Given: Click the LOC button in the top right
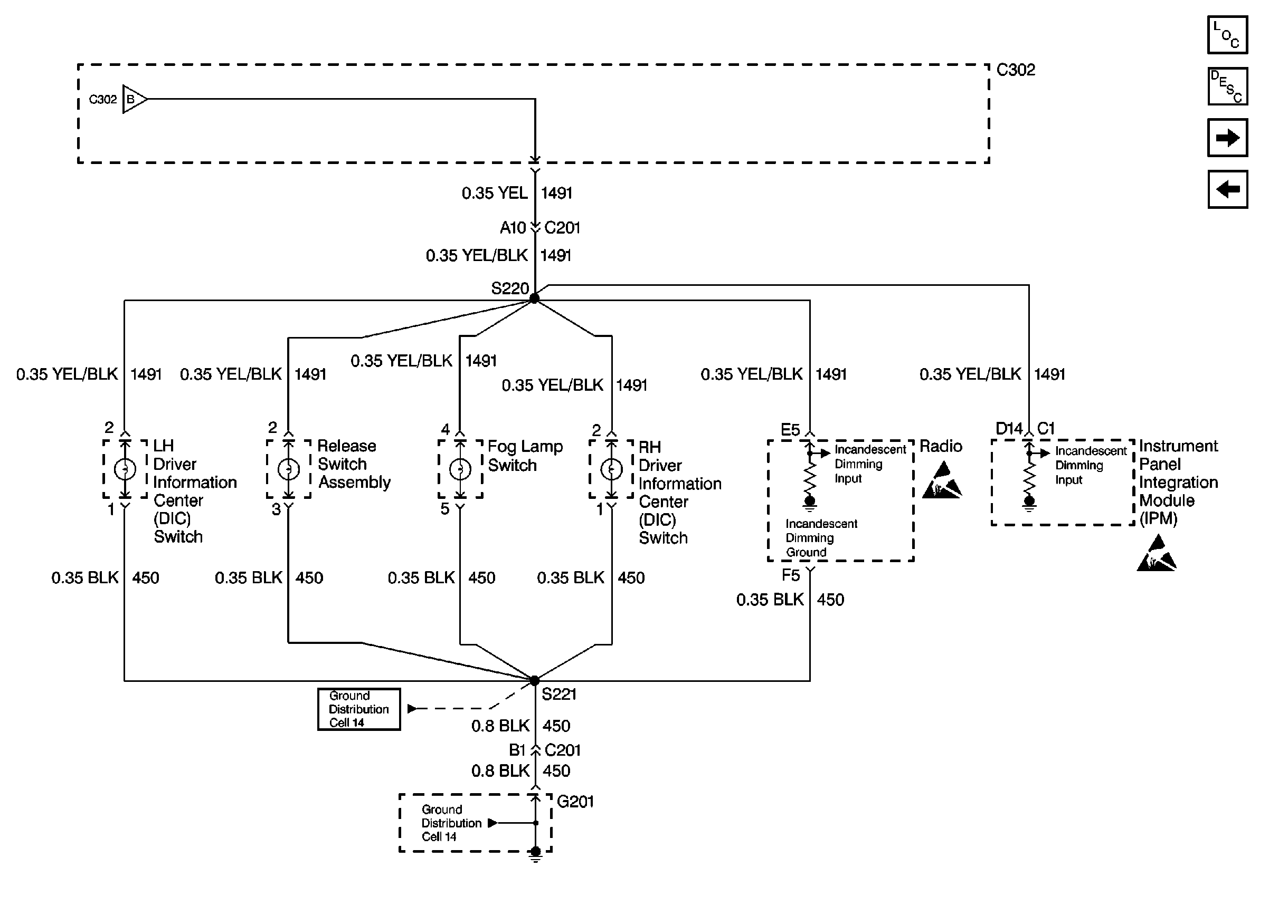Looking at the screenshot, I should click(x=1227, y=35).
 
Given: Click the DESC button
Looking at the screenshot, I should click(x=1227, y=86).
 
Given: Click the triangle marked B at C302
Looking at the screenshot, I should click(x=134, y=99).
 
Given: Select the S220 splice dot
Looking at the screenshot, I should click(x=534, y=298).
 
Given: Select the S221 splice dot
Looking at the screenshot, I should click(x=534, y=681).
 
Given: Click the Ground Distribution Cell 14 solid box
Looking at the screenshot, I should click(x=359, y=709).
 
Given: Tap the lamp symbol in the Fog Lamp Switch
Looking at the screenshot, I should click(x=460, y=469).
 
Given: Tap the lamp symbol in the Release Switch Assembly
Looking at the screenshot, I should click(x=289, y=469).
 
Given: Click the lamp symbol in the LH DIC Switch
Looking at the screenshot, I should click(x=125, y=469).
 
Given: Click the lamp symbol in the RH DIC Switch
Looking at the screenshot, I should click(x=611, y=469).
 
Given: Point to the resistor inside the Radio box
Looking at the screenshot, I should click(x=810, y=477).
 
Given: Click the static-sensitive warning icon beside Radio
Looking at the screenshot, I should click(x=942, y=480).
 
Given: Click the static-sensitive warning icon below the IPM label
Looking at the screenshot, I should click(x=1156, y=553).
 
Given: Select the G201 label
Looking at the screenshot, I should click(x=575, y=802).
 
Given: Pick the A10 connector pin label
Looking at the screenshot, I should click(x=513, y=228).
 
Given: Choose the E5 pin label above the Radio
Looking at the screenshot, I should click(x=790, y=430).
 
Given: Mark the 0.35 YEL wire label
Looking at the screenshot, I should click(x=494, y=193).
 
